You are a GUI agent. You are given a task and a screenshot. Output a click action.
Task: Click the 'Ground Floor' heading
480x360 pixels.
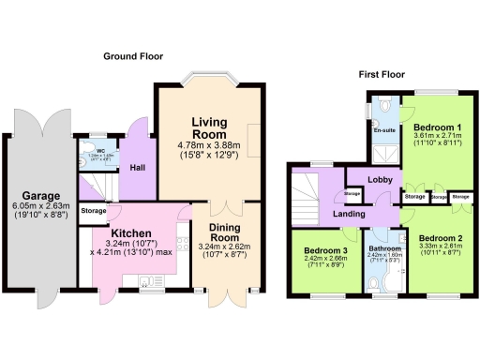tap(134, 56)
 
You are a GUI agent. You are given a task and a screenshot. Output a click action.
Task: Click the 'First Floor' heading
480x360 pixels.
tap(382, 73)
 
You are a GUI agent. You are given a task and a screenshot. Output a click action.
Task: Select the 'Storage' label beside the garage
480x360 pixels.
tap(93, 211)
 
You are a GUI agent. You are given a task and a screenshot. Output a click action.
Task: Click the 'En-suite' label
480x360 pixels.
tap(384, 129)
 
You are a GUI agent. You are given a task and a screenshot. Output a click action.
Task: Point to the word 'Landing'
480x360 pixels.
tap(349, 214)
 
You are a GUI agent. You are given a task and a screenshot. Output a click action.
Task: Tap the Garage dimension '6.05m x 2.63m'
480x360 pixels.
tap(38, 209)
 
